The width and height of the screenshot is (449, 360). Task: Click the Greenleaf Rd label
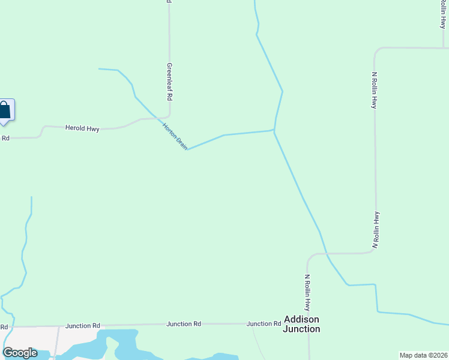[x=170, y=82]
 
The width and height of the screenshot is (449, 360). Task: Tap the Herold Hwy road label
[x=82, y=128]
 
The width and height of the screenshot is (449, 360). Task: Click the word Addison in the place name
[x=301, y=319]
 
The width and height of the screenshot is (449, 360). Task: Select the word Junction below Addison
[x=301, y=329]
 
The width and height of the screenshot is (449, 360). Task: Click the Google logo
[x=20, y=353]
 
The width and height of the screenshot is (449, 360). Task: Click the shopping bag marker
[x=5, y=110]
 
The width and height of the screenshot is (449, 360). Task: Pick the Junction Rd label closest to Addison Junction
[x=264, y=324]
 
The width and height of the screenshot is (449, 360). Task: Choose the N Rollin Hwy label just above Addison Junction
[x=307, y=292]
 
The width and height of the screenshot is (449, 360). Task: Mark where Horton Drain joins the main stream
[x=274, y=130]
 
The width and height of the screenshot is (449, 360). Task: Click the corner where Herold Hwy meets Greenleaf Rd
[x=169, y=115]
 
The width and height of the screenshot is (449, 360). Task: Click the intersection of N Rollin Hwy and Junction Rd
[x=309, y=323]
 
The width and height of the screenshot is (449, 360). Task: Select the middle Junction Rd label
[x=184, y=324]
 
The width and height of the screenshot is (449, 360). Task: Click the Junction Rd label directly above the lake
[x=83, y=326]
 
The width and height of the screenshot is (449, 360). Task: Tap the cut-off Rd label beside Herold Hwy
[x=5, y=138]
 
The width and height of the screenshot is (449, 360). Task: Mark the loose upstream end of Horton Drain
[x=99, y=69]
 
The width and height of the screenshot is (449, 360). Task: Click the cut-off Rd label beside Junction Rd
[x=4, y=327]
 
